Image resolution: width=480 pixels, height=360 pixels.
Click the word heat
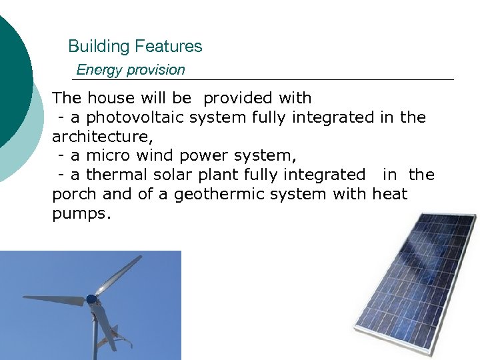click(389, 195)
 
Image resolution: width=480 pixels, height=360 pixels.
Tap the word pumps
click(79, 214)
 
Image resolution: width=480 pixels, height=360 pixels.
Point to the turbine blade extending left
click(53, 299)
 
